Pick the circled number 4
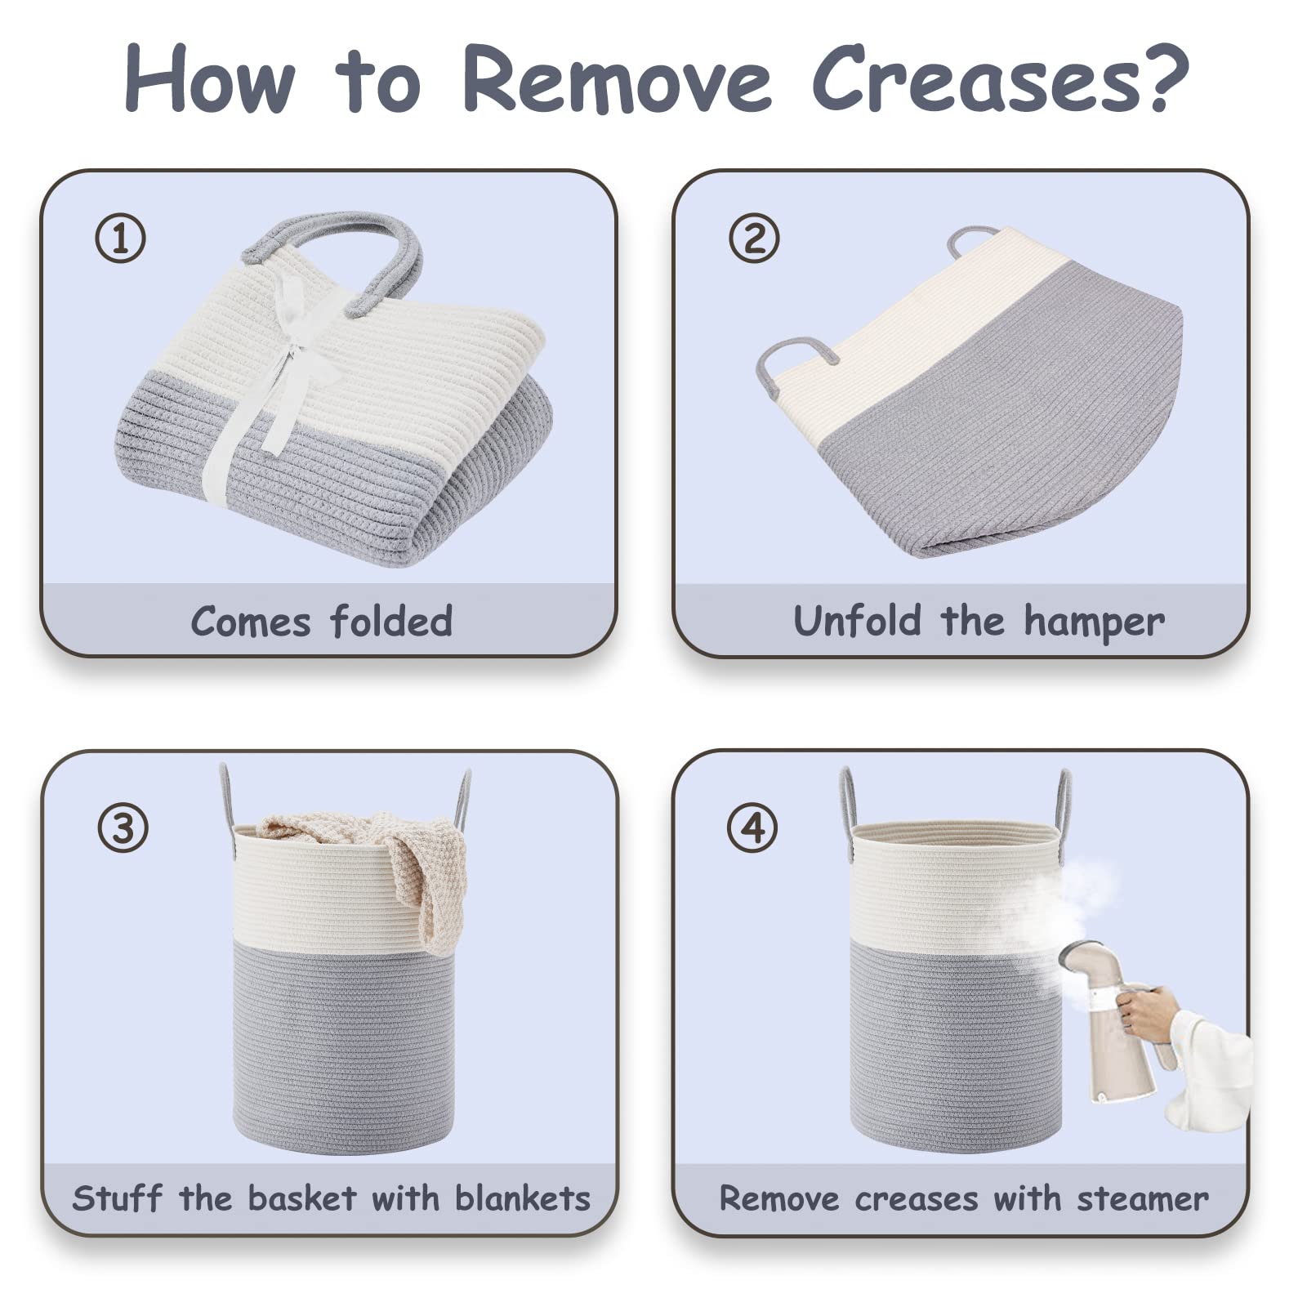point(752,827)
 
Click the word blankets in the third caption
point(522,1199)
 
